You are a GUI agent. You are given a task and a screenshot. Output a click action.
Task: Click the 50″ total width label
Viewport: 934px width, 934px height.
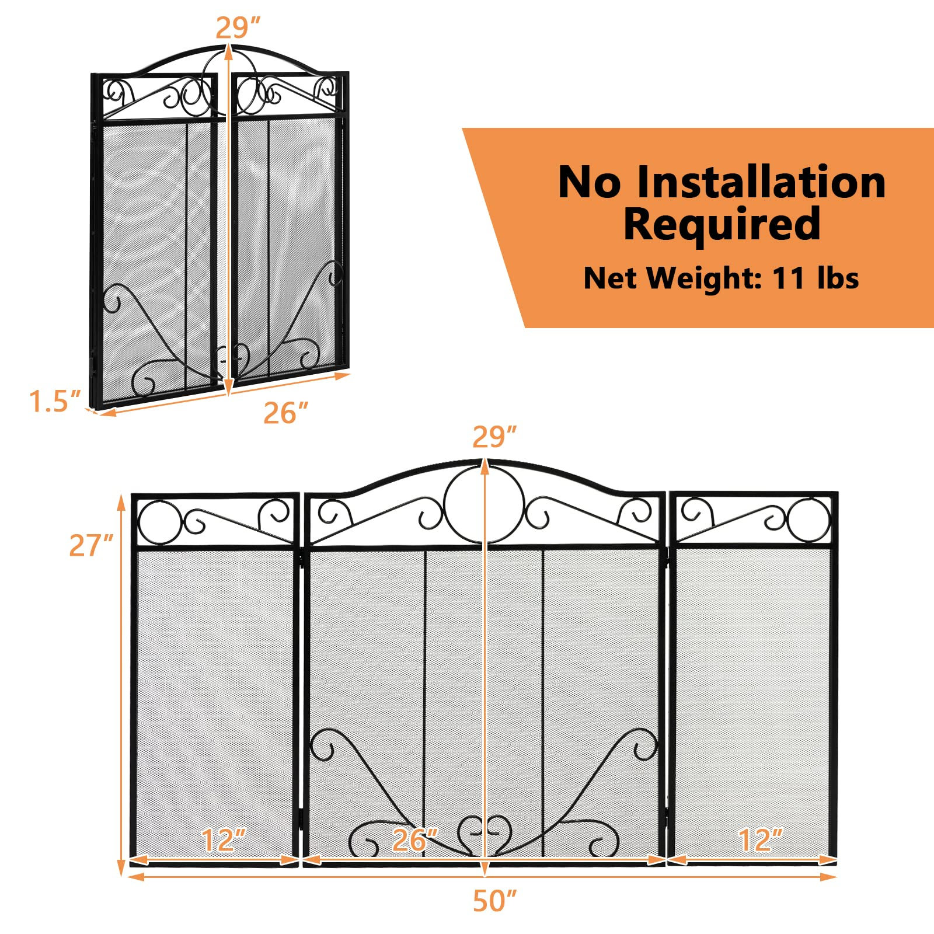coord(495,901)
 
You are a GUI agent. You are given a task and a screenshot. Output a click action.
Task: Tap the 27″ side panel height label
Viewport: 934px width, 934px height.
coord(91,545)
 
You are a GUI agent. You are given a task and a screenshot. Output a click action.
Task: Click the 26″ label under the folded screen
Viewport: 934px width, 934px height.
coord(285,413)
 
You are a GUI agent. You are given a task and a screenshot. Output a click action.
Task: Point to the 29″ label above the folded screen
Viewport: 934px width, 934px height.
coord(238,28)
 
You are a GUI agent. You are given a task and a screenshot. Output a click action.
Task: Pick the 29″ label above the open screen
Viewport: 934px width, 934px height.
coord(494,437)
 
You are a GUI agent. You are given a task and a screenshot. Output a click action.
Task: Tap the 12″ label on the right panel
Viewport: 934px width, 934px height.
coord(760,840)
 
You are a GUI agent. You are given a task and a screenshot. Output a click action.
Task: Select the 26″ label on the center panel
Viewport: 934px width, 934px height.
coord(414,840)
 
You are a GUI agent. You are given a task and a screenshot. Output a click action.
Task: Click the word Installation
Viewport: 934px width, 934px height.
coord(761,182)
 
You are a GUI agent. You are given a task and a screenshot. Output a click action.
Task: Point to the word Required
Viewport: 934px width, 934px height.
coord(722,224)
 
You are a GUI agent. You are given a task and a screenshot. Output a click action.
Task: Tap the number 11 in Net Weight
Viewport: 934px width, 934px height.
coord(788,278)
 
